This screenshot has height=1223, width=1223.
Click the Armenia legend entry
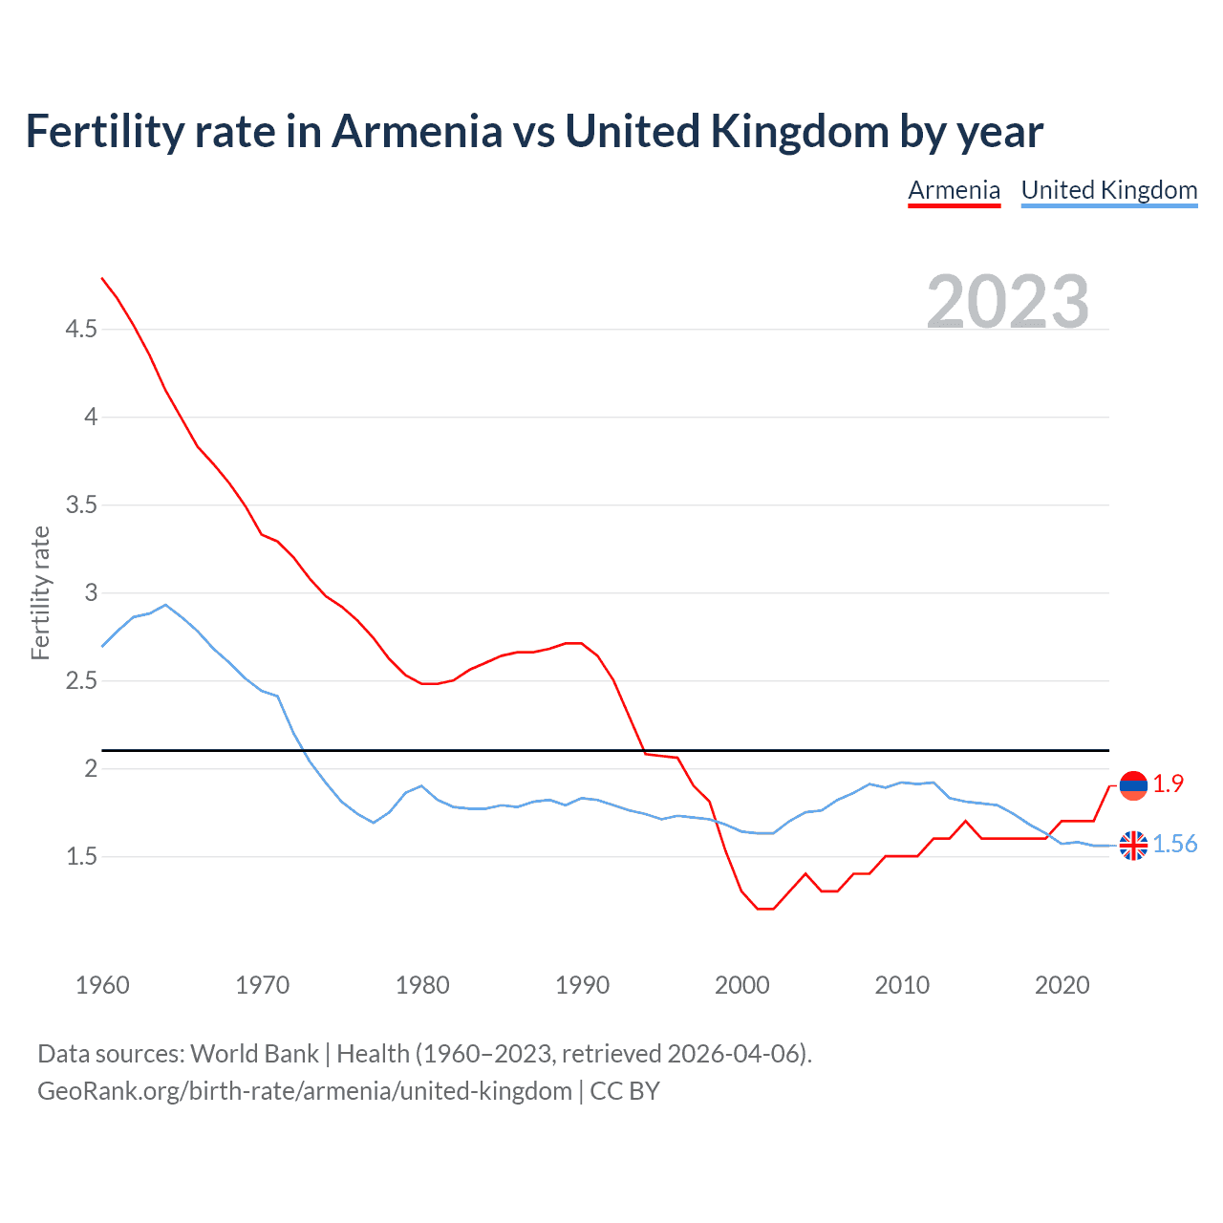[954, 190]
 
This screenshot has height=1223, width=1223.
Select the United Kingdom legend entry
[1108, 190]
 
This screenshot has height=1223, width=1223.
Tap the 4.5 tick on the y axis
[81, 330]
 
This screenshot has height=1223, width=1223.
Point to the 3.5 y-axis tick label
[81, 505]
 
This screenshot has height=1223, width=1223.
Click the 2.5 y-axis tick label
[81, 681]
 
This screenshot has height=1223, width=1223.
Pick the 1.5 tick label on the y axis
[81, 857]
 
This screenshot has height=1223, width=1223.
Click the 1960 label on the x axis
[102, 985]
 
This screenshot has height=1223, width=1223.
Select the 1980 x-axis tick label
[422, 985]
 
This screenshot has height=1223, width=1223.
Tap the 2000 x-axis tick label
[741, 985]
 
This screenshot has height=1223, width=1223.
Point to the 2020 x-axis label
[1062, 985]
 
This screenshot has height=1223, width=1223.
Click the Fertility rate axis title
[40, 592]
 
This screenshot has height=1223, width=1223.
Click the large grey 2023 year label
[1007, 302]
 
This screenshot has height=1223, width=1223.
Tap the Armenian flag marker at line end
[1133, 785]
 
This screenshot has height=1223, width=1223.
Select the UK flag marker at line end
[1133, 846]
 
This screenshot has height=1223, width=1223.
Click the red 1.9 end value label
[1168, 784]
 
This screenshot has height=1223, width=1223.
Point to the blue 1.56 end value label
[1174, 845]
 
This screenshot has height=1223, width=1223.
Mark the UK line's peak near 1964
[166, 605]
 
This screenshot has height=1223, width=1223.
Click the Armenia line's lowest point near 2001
[764, 909]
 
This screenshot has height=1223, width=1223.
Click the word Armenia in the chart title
[417, 132]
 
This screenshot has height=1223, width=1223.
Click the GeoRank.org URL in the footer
[304, 1091]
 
